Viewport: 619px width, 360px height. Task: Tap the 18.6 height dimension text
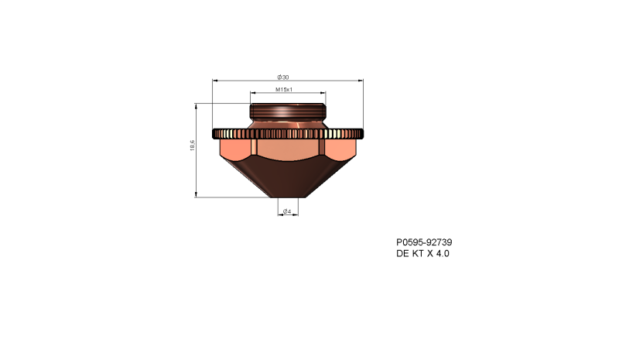(192, 146)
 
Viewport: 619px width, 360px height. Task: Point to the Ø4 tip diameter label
(286, 211)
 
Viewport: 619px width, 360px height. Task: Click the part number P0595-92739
(423, 242)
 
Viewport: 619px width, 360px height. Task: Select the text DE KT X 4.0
(422, 253)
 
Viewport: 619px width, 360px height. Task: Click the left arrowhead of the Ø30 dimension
(214, 80)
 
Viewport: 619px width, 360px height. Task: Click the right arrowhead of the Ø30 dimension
(360, 80)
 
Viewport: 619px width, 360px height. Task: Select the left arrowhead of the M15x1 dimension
(252, 93)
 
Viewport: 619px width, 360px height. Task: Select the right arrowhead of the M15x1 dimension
(323, 93)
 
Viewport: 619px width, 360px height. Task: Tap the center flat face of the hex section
(287, 148)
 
